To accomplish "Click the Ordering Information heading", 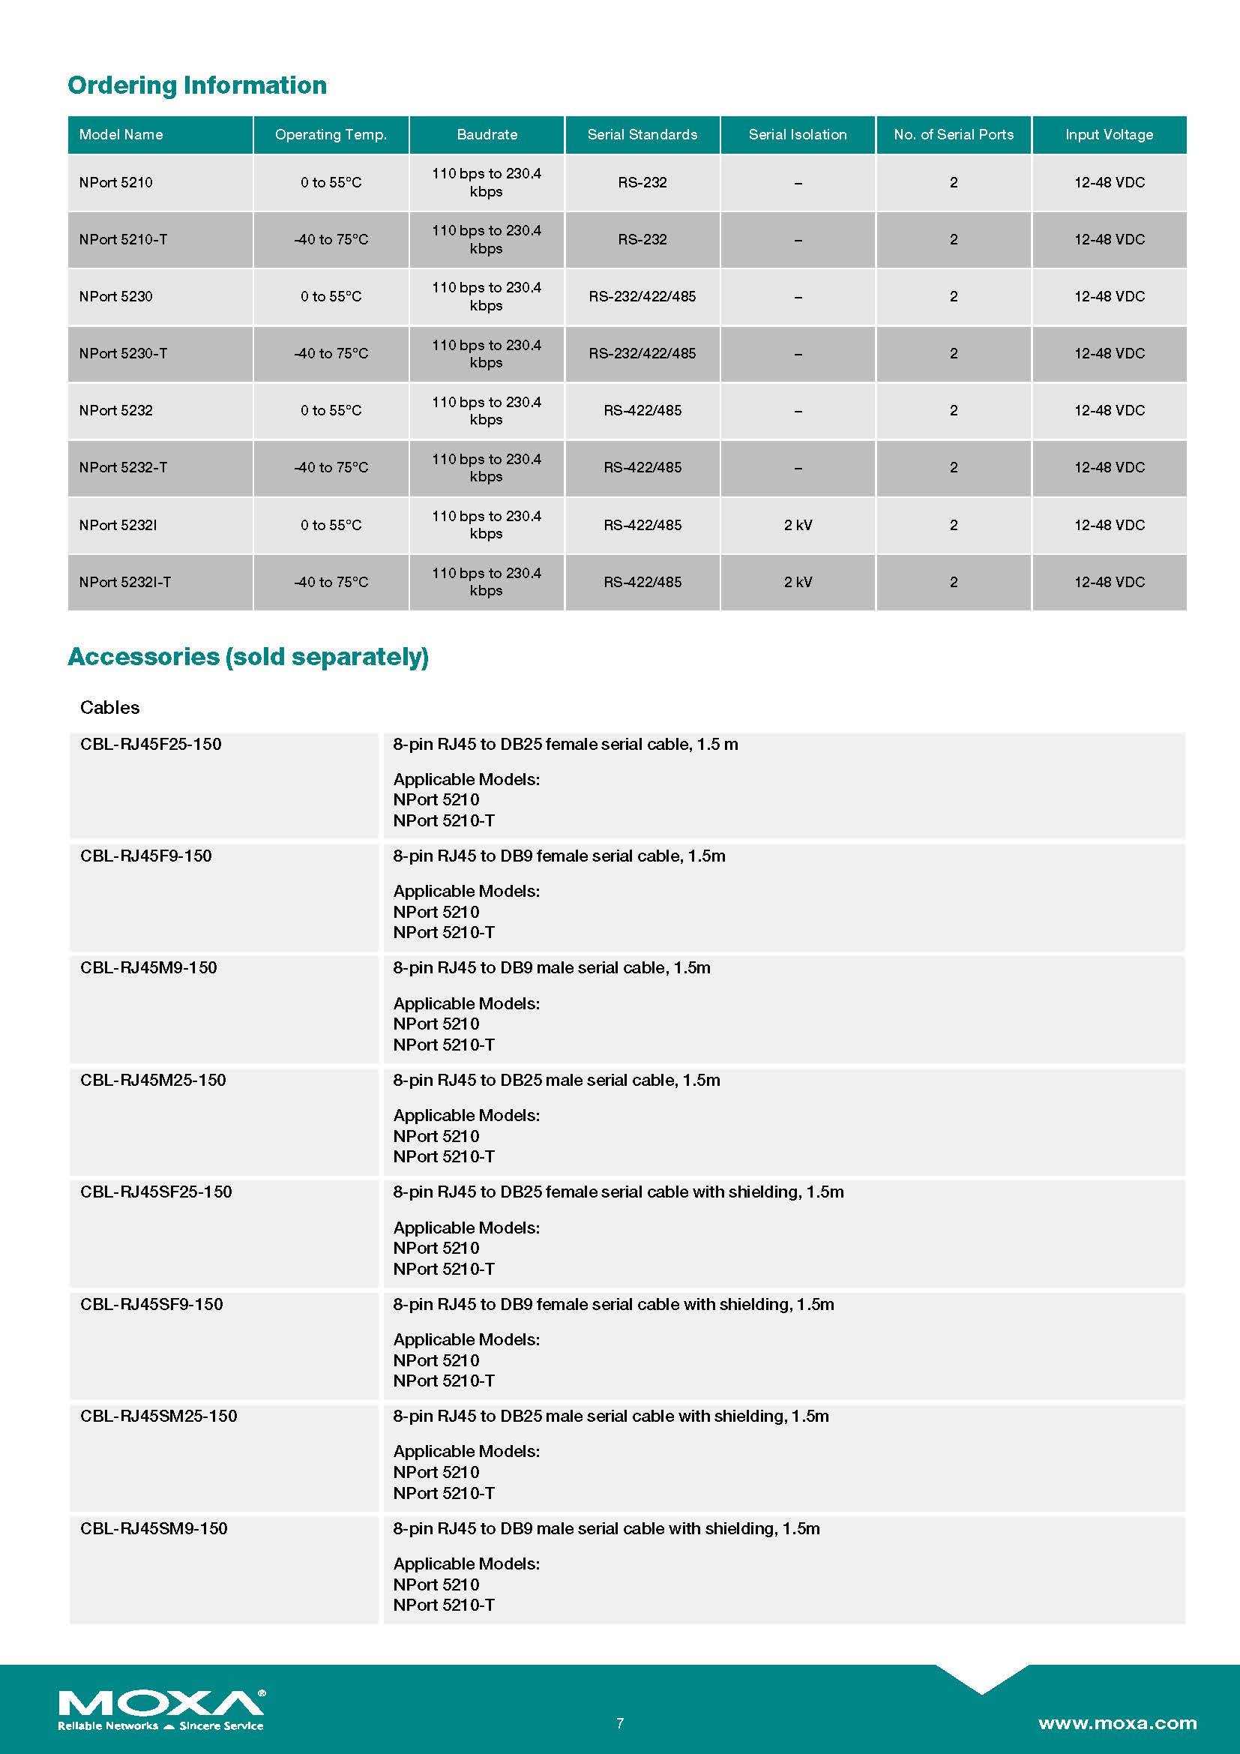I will tap(197, 85).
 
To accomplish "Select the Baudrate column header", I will tap(487, 134).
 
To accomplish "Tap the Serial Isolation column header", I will tap(797, 134).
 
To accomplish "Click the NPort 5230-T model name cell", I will tap(123, 354).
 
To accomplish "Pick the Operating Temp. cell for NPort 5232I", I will tap(331, 525).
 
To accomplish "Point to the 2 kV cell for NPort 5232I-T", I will tap(798, 582).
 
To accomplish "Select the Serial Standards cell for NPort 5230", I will tap(642, 296).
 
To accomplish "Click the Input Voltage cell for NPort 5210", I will tap(1109, 182).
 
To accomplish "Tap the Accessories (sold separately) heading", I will tap(248, 657).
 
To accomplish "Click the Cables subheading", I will tap(110, 707).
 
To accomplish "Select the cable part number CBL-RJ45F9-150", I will tap(146, 856).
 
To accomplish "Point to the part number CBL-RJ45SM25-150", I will tap(159, 1417).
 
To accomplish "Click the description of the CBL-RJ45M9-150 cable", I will tap(551, 968).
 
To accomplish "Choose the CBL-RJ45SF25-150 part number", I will tap(156, 1192).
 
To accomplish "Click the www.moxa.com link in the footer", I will tap(1117, 1723).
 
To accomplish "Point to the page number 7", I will tap(620, 1723).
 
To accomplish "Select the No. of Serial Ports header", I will tap(954, 134).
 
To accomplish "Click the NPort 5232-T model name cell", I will tap(123, 467).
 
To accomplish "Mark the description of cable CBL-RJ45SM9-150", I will tap(607, 1528).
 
